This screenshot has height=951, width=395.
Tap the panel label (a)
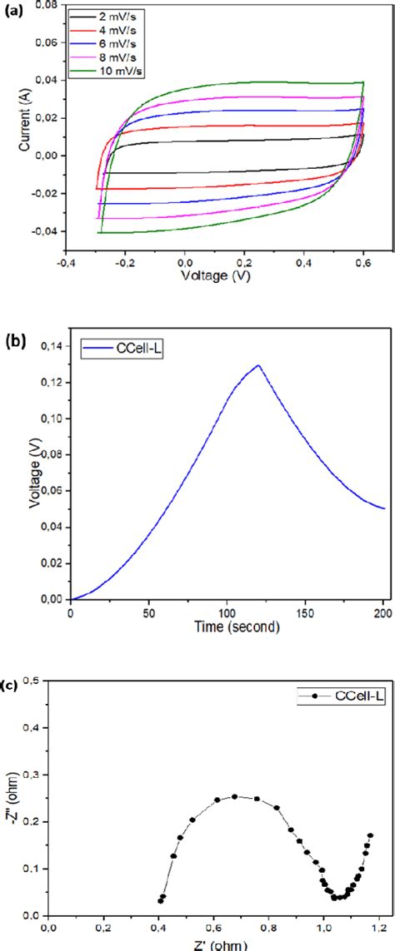pyautogui.click(x=13, y=10)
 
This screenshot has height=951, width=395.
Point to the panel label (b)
pyautogui.click(x=14, y=341)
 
